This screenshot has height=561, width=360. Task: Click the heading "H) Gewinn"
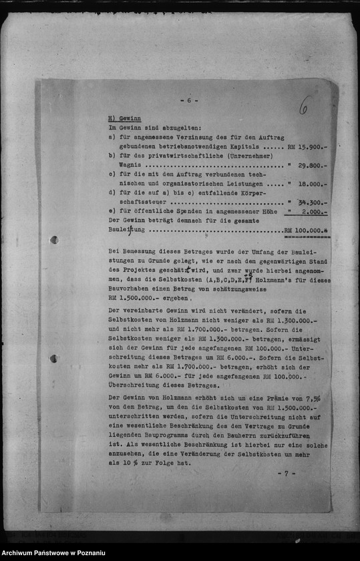click(124, 118)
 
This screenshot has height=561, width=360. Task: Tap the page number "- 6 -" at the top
click(189, 101)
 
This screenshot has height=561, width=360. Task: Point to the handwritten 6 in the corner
click(303, 106)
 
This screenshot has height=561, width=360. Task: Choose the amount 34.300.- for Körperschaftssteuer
click(312, 202)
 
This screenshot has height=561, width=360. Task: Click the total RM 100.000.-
click(307, 230)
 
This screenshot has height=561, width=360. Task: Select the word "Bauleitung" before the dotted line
click(128, 230)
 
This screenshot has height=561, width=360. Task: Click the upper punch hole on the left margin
click(53, 240)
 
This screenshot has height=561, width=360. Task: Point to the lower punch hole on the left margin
click(53, 358)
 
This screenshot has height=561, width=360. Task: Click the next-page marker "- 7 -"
click(287, 473)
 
